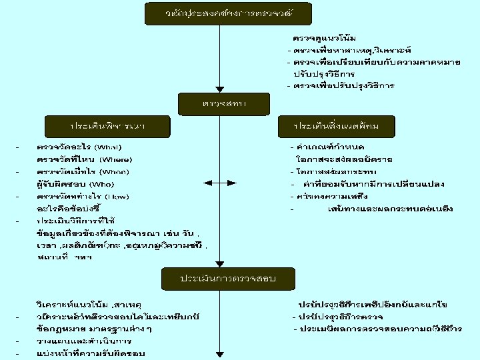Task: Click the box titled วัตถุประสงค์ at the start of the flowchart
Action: (220, 12)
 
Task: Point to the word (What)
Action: (109, 146)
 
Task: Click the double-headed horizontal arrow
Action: (219, 182)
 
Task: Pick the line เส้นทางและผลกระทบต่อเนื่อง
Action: (382, 208)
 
